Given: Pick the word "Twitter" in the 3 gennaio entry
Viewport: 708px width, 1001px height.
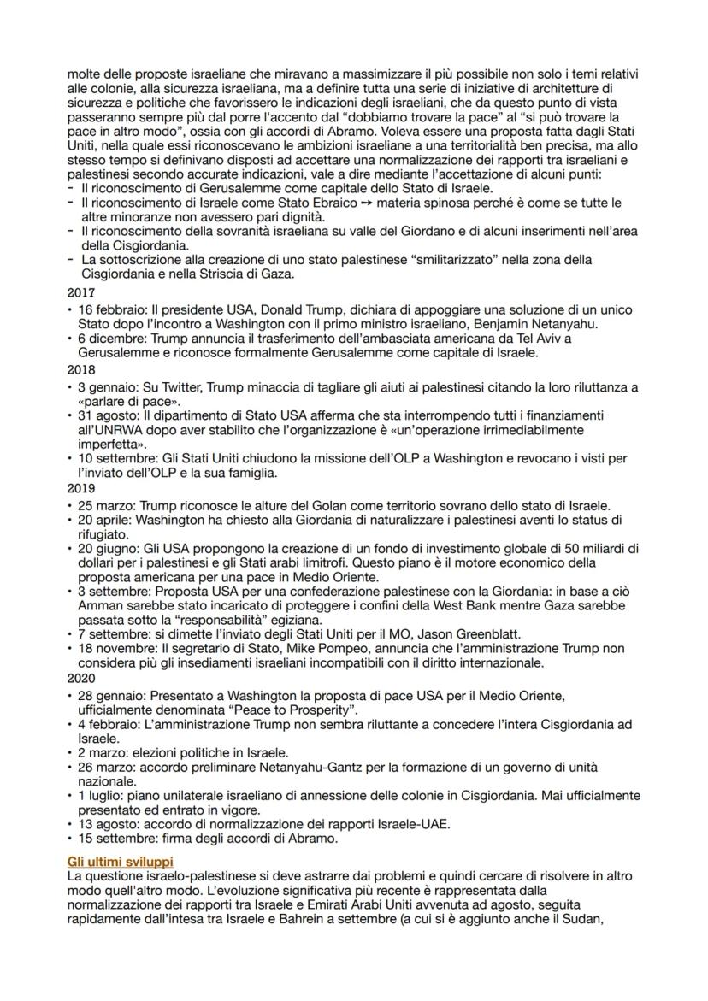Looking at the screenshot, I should coord(179,387).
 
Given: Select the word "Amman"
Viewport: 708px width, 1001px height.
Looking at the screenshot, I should coord(97,604).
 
